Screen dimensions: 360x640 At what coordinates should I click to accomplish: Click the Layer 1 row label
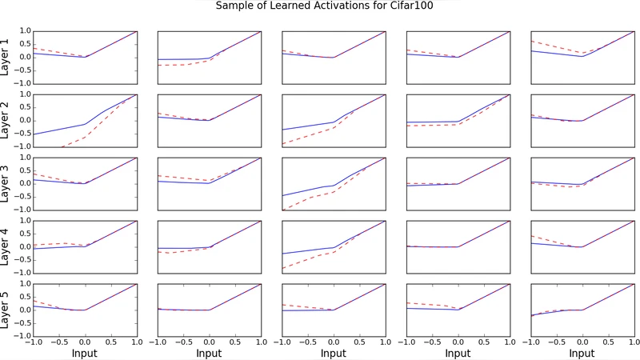tap(6, 57)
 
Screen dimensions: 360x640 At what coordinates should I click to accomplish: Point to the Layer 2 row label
tap(6, 120)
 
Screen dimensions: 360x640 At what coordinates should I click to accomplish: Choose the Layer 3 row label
tap(6, 183)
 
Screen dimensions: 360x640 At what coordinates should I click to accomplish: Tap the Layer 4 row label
tap(6, 246)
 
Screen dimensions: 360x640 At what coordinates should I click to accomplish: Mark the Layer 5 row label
tap(6, 310)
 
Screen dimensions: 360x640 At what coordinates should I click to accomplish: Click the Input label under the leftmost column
tap(86, 352)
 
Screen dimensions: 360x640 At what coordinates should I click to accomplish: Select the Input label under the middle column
tap(334, 352)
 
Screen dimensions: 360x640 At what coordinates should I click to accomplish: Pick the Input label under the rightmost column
tap(582, 352)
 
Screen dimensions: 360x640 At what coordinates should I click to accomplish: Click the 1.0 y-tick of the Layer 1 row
tap(25, 31)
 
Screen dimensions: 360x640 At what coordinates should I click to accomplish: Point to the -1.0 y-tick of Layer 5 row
tap(23, 336)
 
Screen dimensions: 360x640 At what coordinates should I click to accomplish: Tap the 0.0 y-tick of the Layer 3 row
tap(25, 183)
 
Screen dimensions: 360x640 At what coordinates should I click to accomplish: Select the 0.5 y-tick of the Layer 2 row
tap(25, 107)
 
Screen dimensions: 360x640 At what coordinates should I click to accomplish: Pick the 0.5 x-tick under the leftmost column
tap(111, 342)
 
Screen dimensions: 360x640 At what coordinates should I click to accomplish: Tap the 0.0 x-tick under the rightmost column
tap(582, 342)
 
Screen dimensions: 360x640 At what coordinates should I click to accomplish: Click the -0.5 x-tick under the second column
tap(183, 342)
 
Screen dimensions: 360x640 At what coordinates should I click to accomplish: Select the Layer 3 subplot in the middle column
tap(334, 183)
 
